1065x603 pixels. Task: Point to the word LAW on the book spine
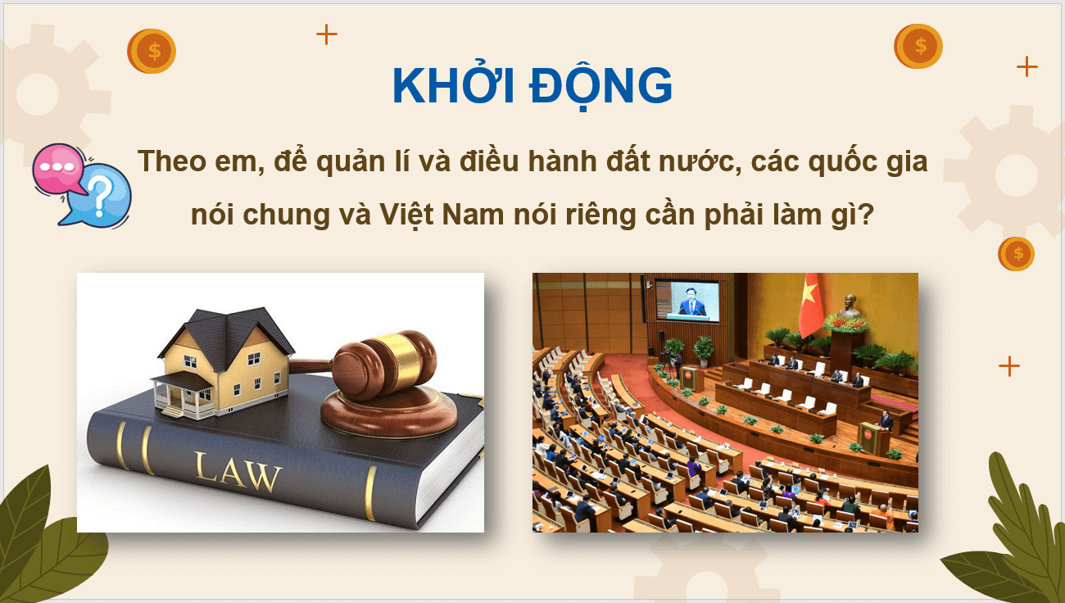[238, 472]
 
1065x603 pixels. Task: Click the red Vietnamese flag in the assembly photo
[811, 305]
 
